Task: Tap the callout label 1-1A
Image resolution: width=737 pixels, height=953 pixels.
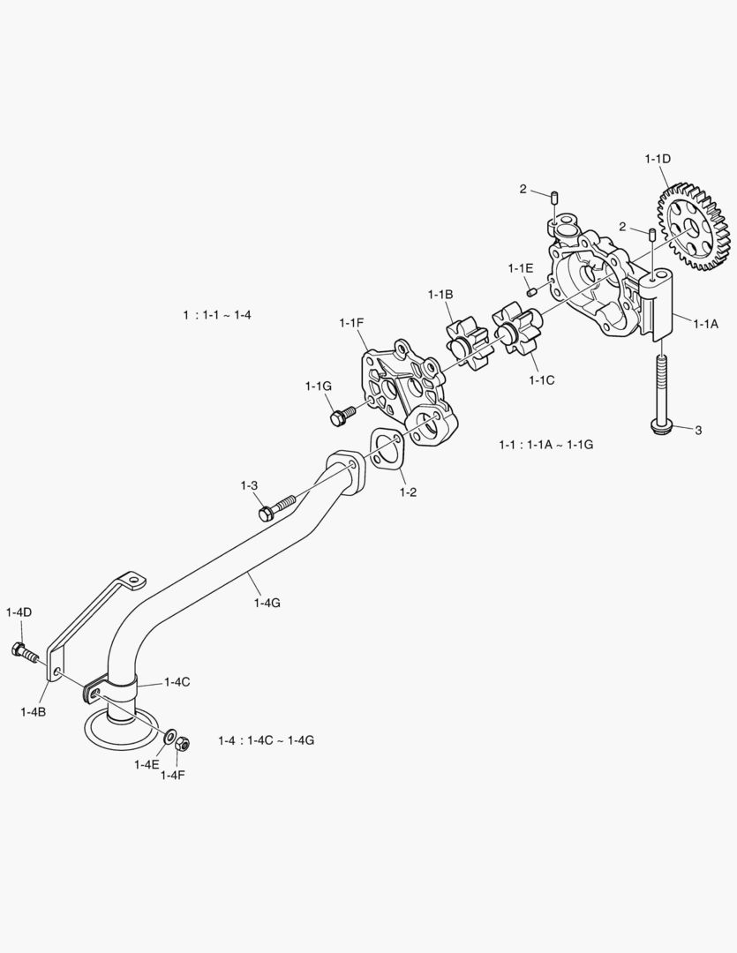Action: click(x=705, y=324)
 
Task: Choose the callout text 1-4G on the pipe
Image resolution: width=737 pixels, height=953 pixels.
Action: click(x=266, y=603)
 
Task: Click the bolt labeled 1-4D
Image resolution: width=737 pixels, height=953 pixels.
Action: click(x=24, y=653)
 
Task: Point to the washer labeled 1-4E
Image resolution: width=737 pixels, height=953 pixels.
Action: click(x=168, y=735)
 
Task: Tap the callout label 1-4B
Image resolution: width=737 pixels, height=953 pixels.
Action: click(x=34, y=711)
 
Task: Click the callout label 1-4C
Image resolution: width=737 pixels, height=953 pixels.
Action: click(x=176, y=682)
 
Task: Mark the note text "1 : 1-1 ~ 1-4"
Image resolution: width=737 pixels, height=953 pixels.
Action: click(x=217, y=314)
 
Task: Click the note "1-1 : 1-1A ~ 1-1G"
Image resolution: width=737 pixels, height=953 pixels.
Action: click(x=545, y=445)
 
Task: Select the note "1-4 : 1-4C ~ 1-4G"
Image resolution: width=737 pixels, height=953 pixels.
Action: click(x=266, y=740)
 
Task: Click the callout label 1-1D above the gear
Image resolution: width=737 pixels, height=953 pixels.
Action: click(x=658, y=159)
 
